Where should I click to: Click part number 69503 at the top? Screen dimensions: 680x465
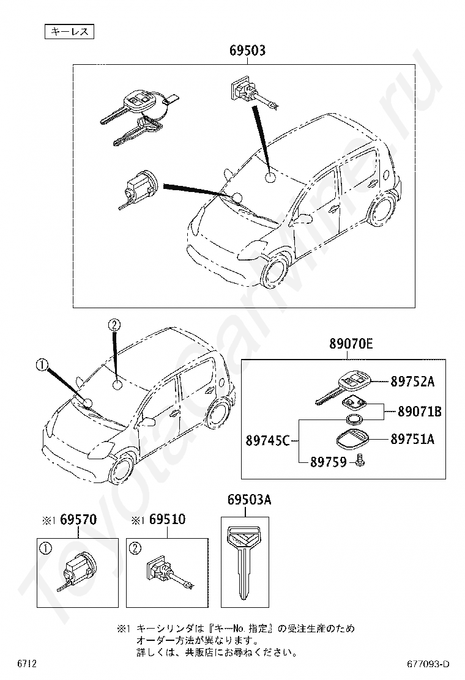(247, 51)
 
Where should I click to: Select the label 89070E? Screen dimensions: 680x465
(351, 344)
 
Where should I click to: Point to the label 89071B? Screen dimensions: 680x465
(419, 412)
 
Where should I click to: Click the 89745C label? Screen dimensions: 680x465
(267, 439)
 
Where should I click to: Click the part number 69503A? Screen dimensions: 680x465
(249, 500)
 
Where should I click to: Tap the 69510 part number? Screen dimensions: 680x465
(167, 520)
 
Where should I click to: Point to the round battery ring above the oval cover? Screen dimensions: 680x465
(353, 419)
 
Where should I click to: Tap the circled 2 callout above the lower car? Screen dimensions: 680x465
(114, 325)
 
